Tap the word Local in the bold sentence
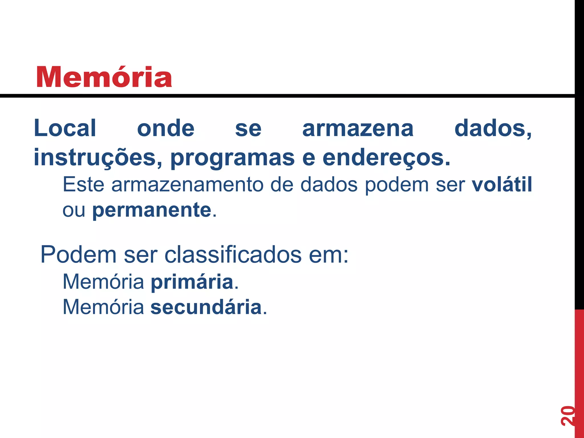tap(65, 128)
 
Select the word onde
tap(166, 128)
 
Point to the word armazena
tap(358, 128)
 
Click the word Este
tap(83, 184)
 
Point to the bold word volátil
tap(502, 184)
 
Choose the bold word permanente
tap(152, 210)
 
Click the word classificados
tap(233, 254)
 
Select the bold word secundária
tap(206, 307)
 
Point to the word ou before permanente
tap(74, 210)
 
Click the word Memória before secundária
tap(103, 307)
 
